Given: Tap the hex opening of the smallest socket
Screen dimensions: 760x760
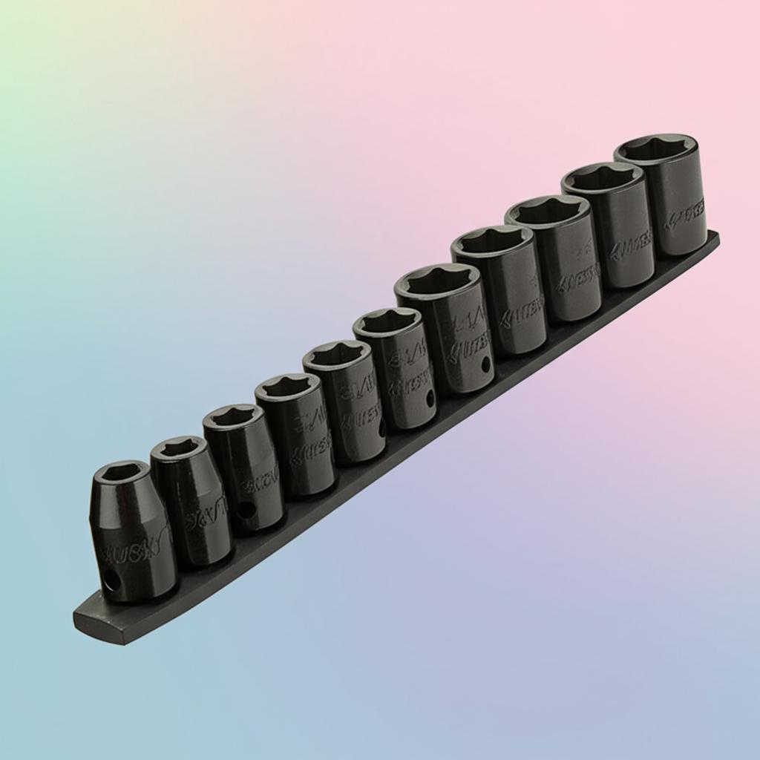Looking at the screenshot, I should click(x=120, y=474).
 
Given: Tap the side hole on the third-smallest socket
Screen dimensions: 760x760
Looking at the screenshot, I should click(x=245, y=510).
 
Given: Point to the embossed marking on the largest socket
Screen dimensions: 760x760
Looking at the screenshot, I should click(x=684, y=215).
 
